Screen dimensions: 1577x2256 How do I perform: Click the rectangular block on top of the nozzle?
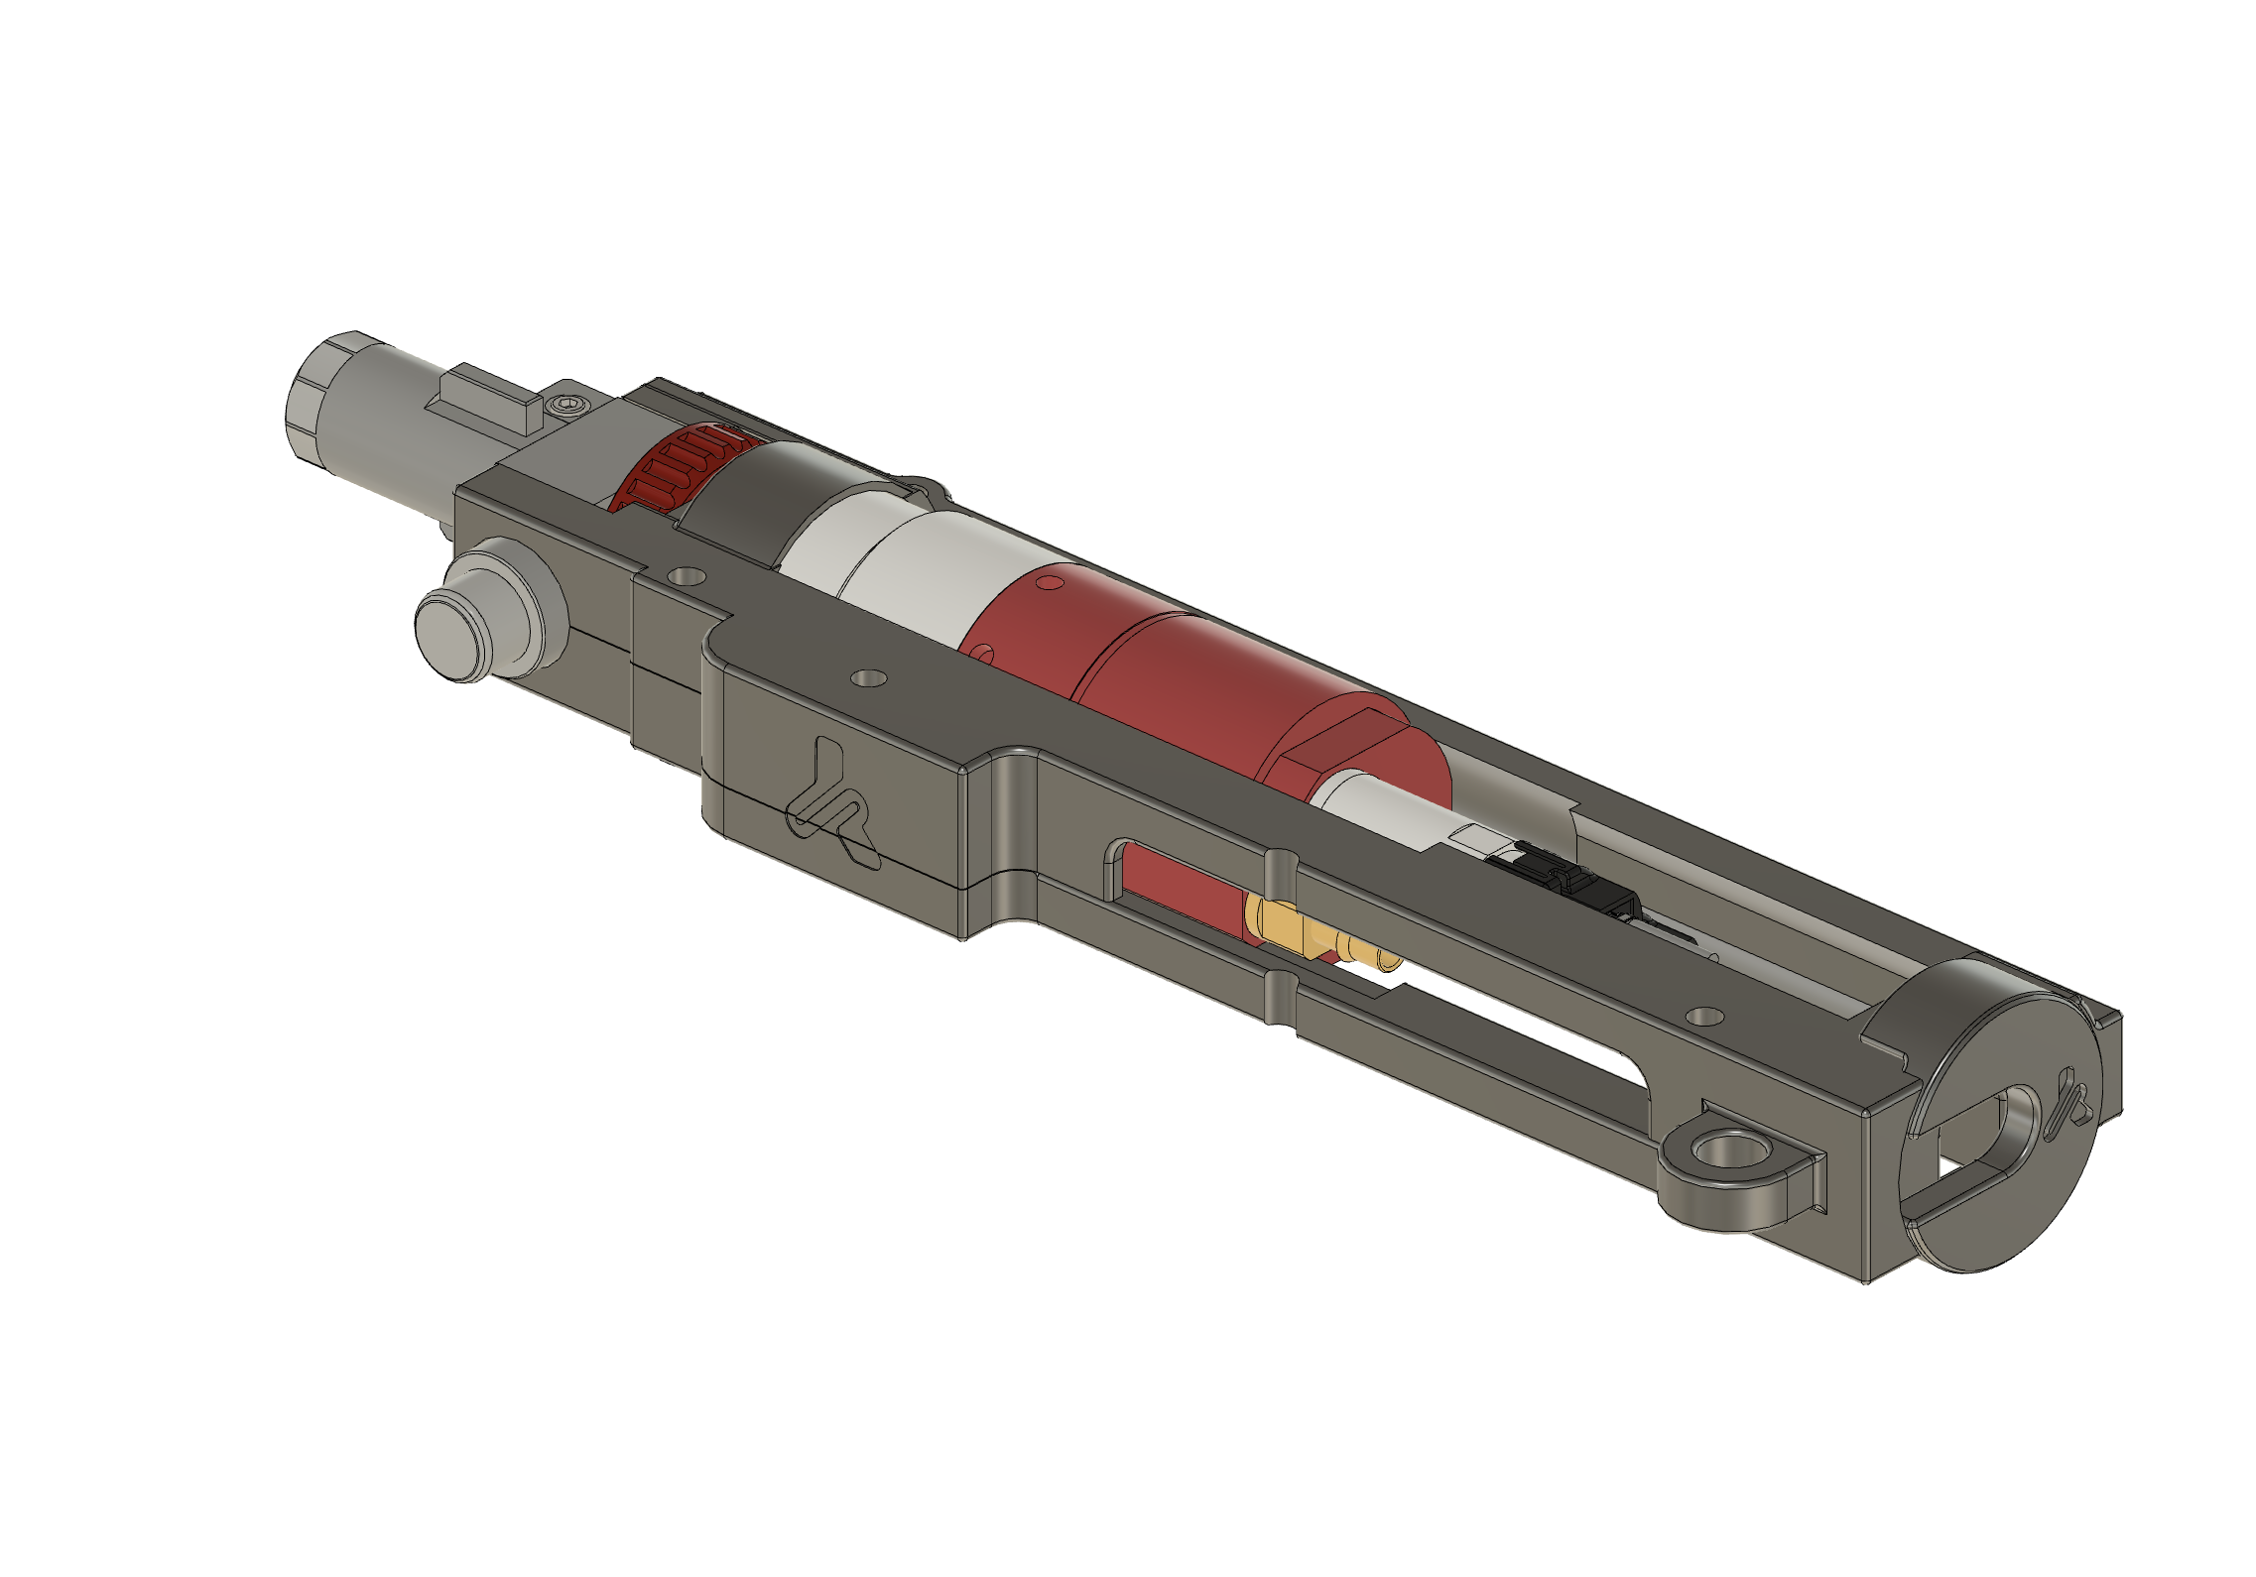tap(484, 401)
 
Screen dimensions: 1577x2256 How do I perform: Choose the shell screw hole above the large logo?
tap(870, 678)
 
